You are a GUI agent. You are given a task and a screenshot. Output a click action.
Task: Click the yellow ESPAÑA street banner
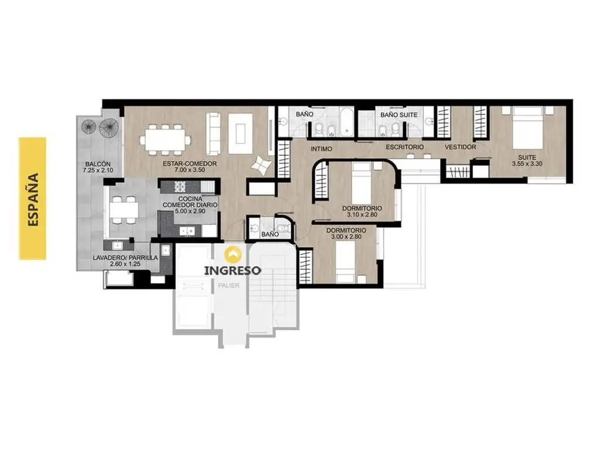pos(33,198)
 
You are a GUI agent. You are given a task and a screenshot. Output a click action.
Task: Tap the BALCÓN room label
pos(98,164)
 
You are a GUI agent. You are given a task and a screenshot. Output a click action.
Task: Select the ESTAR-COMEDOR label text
pos(190,163)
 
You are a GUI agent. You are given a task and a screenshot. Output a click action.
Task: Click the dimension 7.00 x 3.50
pos(190,170)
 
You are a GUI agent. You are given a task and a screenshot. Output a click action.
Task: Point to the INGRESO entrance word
pos(233,271)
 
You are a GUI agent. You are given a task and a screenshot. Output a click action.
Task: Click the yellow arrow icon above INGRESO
pos(233,254)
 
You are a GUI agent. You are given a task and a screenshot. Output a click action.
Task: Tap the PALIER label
pos(229,285)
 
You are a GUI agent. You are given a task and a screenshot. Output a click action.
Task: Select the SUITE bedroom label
pos(527,157)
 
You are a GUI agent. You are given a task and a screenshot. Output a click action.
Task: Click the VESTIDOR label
pos(461,147)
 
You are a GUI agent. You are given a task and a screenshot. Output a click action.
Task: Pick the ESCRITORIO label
pos(404,147)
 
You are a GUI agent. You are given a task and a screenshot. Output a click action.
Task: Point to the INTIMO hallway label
pos(322,149)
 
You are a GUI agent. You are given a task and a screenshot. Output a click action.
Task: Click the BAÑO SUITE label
pos(398,115)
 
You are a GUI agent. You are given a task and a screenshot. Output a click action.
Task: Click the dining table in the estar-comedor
pos(165,139)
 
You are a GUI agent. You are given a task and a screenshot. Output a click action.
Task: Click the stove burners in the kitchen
pos(180,186)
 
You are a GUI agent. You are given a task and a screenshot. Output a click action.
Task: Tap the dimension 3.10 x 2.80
pos(362,214)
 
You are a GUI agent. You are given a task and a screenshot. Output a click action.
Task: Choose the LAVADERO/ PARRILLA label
pos(125,258)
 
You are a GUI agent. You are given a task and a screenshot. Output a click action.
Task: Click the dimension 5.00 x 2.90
pos(190,211)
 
